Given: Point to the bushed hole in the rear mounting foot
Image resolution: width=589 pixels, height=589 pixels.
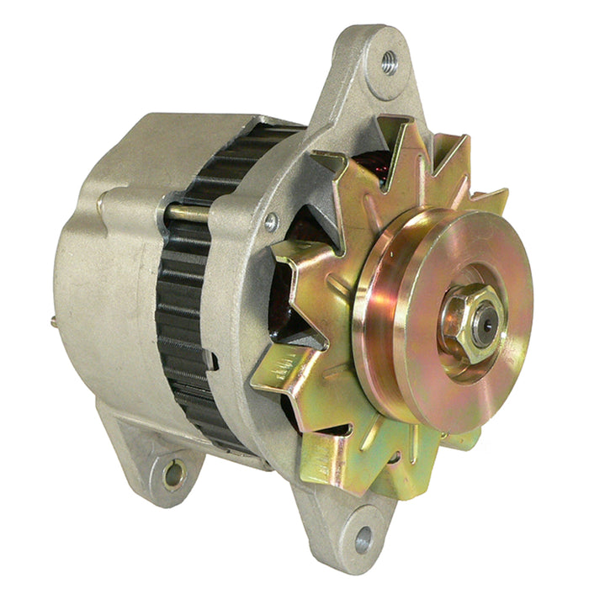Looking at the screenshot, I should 173,474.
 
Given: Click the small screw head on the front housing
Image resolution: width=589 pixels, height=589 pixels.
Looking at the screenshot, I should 271,222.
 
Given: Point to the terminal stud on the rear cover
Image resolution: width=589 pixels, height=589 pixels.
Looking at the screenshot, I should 55,321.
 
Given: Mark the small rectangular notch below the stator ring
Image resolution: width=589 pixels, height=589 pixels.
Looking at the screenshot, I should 215,363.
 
